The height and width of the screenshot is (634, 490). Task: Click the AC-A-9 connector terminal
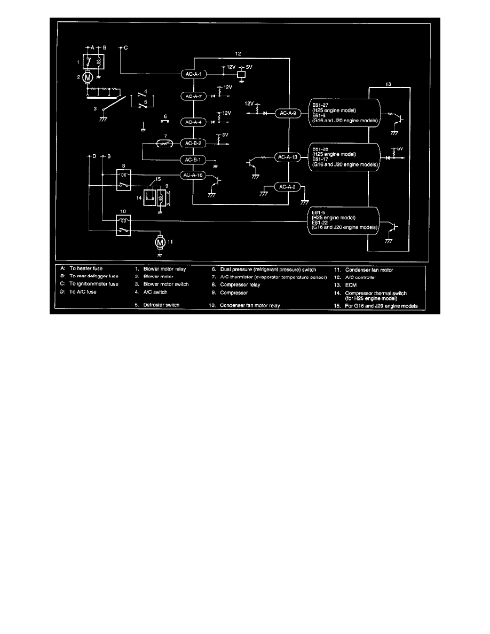tap(289, 113)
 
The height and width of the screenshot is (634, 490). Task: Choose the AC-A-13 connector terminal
tap(289, 157)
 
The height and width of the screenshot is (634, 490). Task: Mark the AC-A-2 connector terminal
tap(289, 186)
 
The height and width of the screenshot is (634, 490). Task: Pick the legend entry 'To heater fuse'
tap(85, 269)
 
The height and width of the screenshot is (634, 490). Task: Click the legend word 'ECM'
tap(352, 285)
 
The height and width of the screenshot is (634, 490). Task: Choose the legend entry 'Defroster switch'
tap(162, 305)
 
